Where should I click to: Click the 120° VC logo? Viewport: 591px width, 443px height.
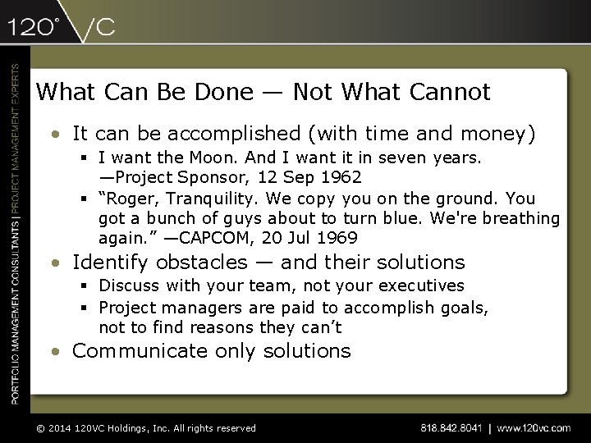pyautogui.click(x=62, y=27)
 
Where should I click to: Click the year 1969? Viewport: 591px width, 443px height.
pyautogui.click(x=339, y=238)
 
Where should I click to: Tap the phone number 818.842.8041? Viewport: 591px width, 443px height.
pyautogui.click(x=451, y=427)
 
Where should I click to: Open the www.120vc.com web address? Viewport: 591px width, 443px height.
pyautogui.click(x=534, y=427)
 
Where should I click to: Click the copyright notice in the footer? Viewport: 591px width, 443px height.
pyautogui.click(x=144, y=427)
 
